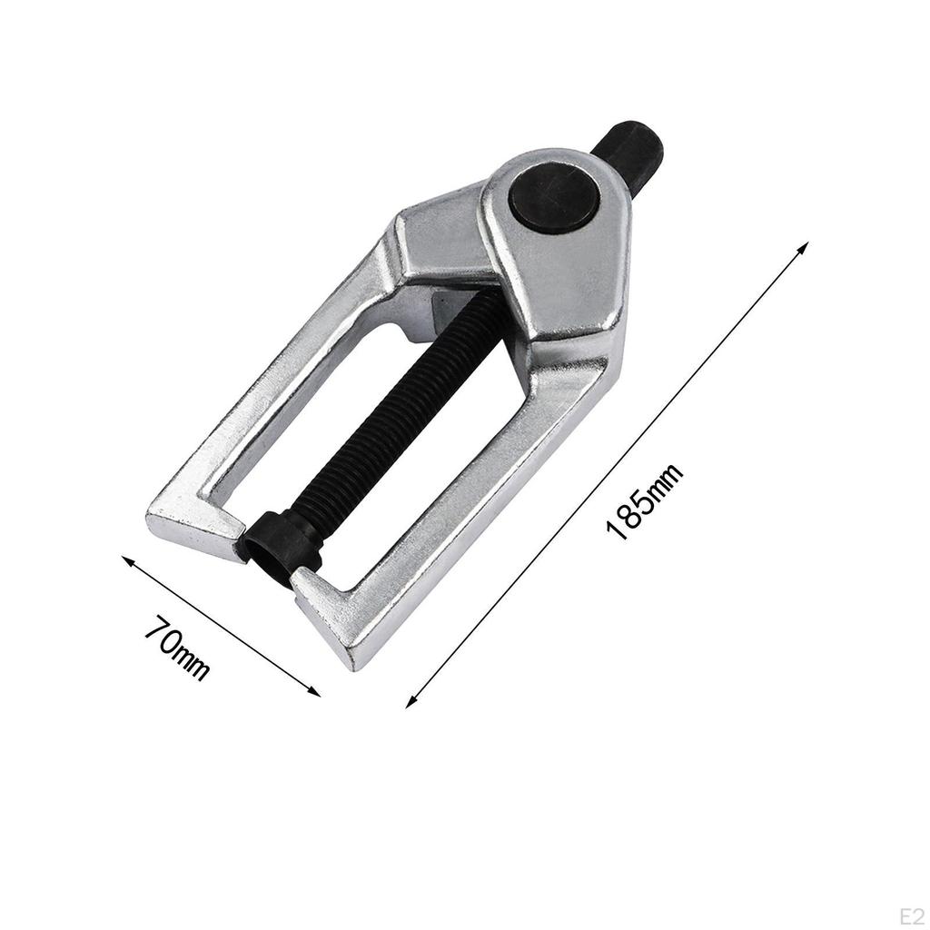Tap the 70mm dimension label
tap(178, 648)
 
